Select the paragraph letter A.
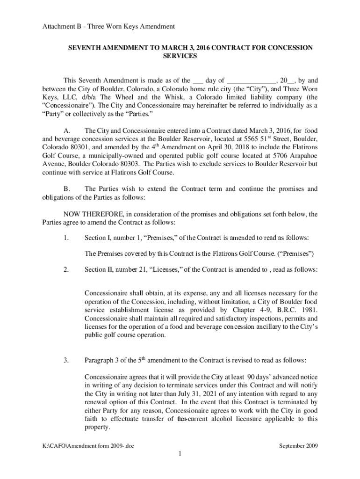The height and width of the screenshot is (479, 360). click(x=66, y=131)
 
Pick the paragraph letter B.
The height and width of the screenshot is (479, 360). click(x=66, y=189)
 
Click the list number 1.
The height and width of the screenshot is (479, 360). click(x=66, y=238)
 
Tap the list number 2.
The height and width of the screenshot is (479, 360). click(x=66, y=269)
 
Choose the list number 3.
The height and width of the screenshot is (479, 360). click(x=66, y=360)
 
